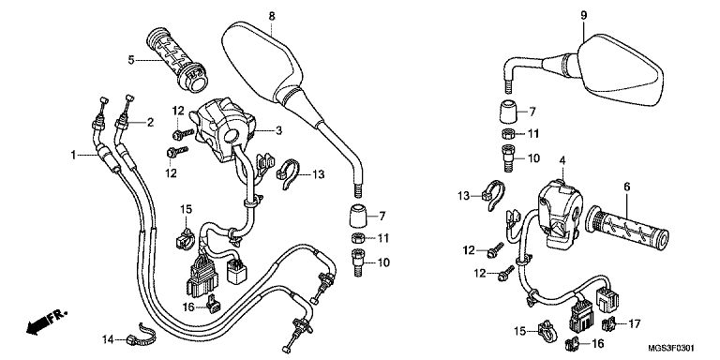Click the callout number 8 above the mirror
click(x=272, y=16)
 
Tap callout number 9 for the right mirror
click(x=584, y=15)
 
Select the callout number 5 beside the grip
click(x=131, y=60)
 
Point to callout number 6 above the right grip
click(x=627, y=187)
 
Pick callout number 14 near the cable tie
click(x=108, y=339)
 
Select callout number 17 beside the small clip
click(x=634, y=323)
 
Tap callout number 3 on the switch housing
click(x=278, y=131)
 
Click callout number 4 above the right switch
click(x=562, y=160)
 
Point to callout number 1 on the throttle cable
click(x=73, y=156)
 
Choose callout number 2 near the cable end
click(x=150, y=122)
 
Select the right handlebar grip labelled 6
click(x=627, y=228)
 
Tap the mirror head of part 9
click(x=620, y=70)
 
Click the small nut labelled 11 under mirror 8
click(x=357, y=238)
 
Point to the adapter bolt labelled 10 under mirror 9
click(x=507, y=157)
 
